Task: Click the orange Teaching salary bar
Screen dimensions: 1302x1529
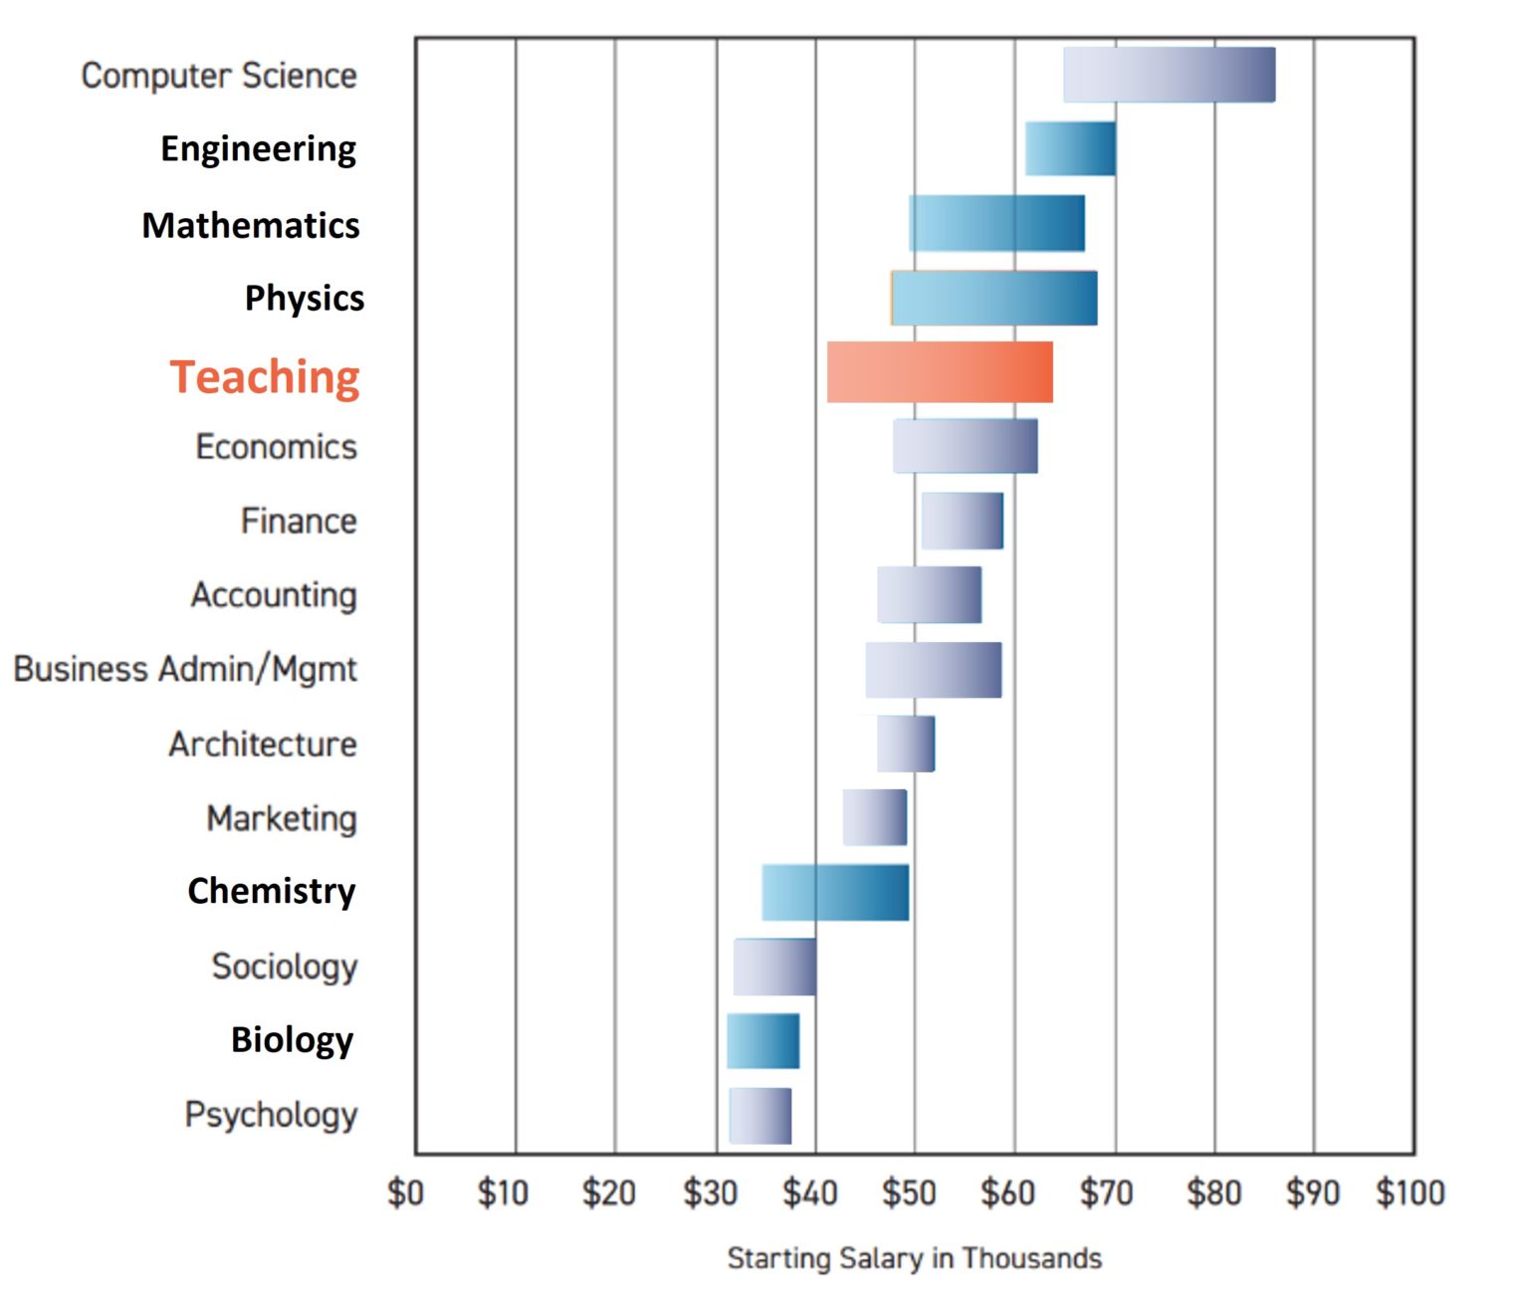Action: pos(940,372)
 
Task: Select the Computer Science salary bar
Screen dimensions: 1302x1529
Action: pos(1169,75)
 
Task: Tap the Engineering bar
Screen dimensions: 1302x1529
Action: pos(1070,148)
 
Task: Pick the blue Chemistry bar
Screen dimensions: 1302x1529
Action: pos(835,893)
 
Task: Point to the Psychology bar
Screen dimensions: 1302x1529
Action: pos(761,1116)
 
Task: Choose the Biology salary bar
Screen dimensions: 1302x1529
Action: pos(763,1041)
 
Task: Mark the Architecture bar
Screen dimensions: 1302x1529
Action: pos(905,744)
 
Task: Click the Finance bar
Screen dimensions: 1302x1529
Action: pos(962,521)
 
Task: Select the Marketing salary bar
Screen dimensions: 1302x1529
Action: pos(874,817)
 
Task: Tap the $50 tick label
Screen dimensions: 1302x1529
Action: pos(909,1193)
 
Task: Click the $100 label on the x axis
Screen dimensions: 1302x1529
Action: pos(1410,1193)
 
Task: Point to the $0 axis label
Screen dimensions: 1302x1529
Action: pos(405,1193)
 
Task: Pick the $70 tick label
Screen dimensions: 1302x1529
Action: pos(1107,1193)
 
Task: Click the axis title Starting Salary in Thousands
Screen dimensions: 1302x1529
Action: pos(914,1258)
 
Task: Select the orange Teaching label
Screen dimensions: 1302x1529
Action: pos(265,377)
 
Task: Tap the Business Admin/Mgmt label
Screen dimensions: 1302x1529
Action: pos(185,669)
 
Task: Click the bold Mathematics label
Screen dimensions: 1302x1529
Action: pos(251,225)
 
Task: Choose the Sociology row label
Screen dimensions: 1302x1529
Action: pos(285,966)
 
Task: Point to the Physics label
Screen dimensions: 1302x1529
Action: pos(305,298)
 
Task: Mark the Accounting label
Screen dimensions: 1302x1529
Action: pos(274,595)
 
